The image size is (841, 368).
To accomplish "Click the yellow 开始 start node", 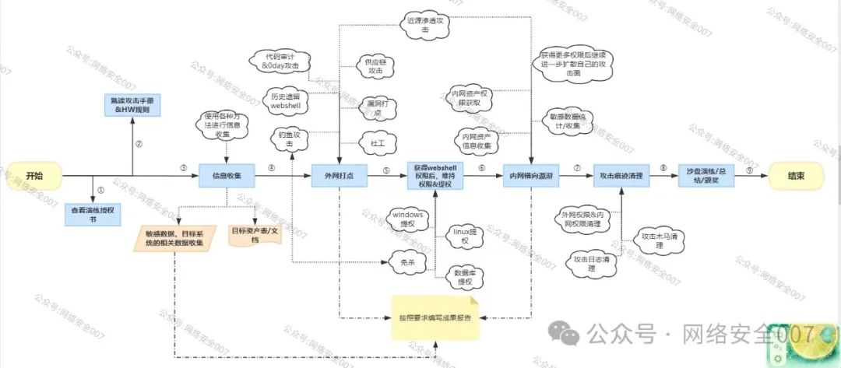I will [x=33, y=176].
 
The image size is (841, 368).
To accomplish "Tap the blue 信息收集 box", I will [x=227, y=176].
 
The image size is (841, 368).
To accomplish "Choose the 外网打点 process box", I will [x=339, y=176].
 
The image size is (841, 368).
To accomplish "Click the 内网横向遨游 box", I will [x=531, y=176].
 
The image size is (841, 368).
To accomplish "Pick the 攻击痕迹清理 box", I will [x=621, y=176].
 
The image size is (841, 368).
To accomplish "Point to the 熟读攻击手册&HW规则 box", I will [x=132, y=105].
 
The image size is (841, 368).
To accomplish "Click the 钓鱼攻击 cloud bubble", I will [x=290, y=139].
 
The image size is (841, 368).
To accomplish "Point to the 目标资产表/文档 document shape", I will [x=254, y=235].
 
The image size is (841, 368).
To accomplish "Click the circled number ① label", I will [x=100, y=189].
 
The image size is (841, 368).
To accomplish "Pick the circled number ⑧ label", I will [x=663, y=167].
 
